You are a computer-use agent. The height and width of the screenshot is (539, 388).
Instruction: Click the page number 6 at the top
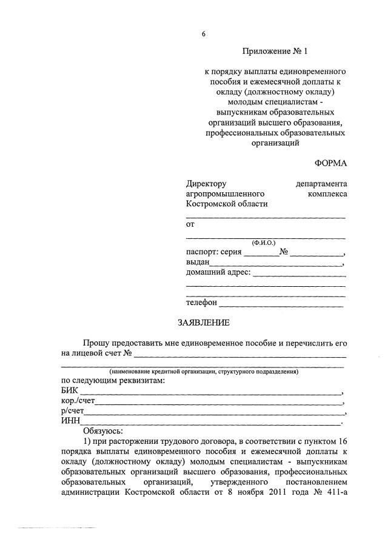click(x=204, y=34)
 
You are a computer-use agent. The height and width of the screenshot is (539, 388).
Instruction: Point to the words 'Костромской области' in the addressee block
click(x=226, y=204)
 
